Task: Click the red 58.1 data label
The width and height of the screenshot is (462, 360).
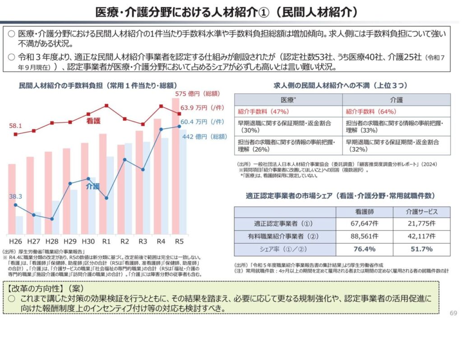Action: [x=16, y=126]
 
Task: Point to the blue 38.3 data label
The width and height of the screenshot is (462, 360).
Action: [x=16, y=196]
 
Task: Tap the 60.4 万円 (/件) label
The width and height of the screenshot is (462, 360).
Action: [x=202, y=122]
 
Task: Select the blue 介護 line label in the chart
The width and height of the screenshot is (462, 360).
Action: [x=93, y=186]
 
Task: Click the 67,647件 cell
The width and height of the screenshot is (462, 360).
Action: [x=364, y=223]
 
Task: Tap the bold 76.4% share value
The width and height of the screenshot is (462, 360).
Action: [x=364, y=249]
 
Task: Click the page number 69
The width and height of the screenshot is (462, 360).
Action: [x=454, y=313]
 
